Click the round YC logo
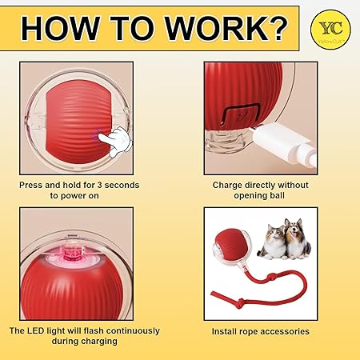(330, 30)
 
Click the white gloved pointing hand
(115, 142)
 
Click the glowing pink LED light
(73, 252)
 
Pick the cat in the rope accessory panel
(272, 242)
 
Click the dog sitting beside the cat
(297, 239)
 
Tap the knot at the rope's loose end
(240, 303)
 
